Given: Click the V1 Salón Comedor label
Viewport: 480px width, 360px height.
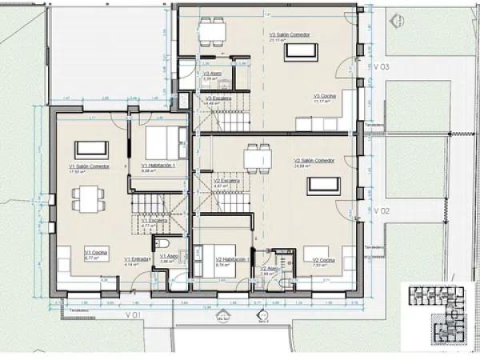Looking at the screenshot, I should point(88,166).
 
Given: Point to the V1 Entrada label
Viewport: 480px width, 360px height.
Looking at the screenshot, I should point(134,258).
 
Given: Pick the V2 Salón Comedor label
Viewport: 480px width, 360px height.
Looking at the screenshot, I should point(314,160).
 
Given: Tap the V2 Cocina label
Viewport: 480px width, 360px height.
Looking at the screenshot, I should point(324,260).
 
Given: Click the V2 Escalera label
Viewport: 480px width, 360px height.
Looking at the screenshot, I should point(227,181).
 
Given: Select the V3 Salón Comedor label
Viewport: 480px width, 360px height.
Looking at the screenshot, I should point(289,35).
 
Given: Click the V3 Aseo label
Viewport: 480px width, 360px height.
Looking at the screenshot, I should point(211,74).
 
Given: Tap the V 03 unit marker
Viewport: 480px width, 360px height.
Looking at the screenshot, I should point(381,68).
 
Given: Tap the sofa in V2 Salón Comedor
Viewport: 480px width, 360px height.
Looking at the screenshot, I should point(322,186).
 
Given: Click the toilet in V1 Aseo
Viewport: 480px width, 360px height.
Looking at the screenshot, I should point(162,243).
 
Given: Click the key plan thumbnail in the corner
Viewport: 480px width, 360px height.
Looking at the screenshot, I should point(438,316).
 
